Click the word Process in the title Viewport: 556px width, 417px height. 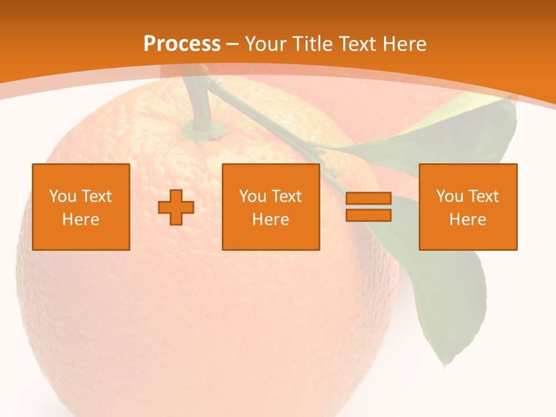click(x=182, y=44)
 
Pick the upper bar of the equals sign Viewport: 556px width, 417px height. click(x=368, y=199)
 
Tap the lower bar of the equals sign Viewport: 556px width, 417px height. click(x=368, y=215)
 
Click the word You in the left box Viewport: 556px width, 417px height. click(x=63, y=196)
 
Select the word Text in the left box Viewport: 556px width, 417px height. click(x=96, y=196)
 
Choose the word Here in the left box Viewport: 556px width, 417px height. click(x=81, y=220)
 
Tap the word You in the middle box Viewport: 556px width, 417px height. click(x=253, y=196)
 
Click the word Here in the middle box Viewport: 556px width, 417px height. click(x=270, y=220)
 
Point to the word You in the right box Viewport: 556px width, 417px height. click(x=449, y=196)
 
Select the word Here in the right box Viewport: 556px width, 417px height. click(x=467, y=220)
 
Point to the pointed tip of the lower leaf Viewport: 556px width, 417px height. click(x=445, y=365)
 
